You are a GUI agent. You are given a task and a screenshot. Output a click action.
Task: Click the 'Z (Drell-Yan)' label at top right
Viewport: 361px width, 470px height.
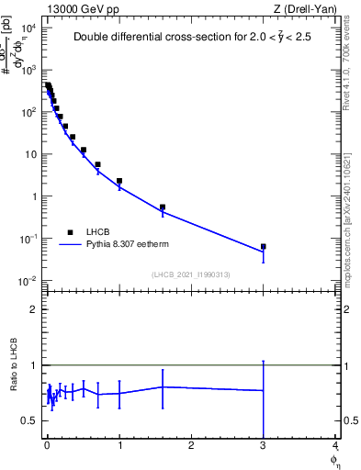[x=305, y=9]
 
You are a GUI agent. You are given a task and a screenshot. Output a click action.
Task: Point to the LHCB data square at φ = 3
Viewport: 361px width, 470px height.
[x=264, y=247]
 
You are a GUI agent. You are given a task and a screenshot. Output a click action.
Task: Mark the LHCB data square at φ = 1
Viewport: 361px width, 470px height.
[x=119, y=182]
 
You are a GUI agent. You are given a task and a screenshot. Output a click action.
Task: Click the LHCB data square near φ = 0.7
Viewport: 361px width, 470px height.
[x=97, y=165]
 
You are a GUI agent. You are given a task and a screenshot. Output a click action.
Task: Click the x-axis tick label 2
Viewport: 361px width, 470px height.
[x=191, y=446]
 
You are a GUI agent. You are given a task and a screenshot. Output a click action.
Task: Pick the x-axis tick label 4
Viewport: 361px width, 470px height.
[x=335, y=446]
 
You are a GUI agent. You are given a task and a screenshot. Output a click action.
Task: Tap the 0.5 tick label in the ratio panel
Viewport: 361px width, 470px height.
[x=29, y=420]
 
